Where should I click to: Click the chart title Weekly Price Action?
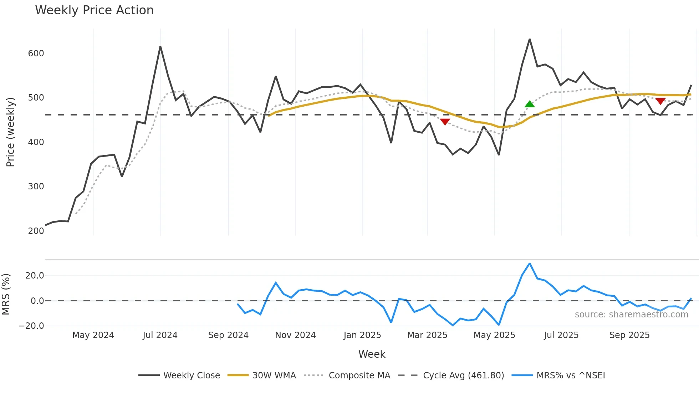click(x=94, y=10)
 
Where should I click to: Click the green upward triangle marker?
click(x=530, y=104)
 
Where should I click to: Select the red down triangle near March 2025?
click(x=445, y=122)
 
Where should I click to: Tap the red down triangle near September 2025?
click(x=660, y=101)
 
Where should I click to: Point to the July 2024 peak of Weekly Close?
click(x=160, y=47)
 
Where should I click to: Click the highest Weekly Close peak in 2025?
click(x=530, y=39)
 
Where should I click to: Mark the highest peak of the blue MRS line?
click(x=530, y=264)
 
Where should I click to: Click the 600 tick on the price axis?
click(x=36, y=53)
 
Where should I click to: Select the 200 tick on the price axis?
click(x=36, y=231)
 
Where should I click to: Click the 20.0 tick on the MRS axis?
click(x=35, y=275)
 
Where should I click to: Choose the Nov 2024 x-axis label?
click(x=295, y=335)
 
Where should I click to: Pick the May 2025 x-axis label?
click(x=494, y=335)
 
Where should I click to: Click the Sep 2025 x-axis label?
click(x=629, y=335)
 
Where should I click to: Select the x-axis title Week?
click(x=372, y=354)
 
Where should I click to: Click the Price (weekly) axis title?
click(x=10, y=132)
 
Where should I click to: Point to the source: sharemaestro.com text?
click(x=631, y=315)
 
